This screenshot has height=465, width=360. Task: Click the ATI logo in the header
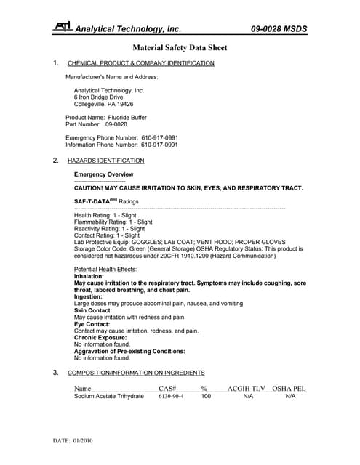click(x=63, y=28)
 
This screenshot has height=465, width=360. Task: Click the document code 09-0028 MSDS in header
click(x=279, y=29)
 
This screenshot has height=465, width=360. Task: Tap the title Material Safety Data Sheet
click(x=180, y=48)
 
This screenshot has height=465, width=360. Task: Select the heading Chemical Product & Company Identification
click(x=140, y=63)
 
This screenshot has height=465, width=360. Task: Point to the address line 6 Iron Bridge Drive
click(x=98, y=97)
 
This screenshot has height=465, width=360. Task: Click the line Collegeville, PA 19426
click(x=103, y=105)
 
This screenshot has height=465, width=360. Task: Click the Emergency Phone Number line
click(x=121, y=137)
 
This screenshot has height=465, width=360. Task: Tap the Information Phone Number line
click(x=121, y=145)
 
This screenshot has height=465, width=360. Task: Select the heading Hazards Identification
click(x=105, y=161)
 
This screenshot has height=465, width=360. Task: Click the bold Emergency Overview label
click(x=103, y=174)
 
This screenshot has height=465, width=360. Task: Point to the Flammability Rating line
click(x=113, y=222)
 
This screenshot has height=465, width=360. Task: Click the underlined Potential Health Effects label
click(x=105, y=270)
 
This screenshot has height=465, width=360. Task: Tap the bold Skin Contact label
click(x=95, y=310)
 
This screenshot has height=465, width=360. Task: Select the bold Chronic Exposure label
click(x=100, y=338)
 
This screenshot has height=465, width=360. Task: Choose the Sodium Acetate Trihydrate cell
click(x=108, y=397)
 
